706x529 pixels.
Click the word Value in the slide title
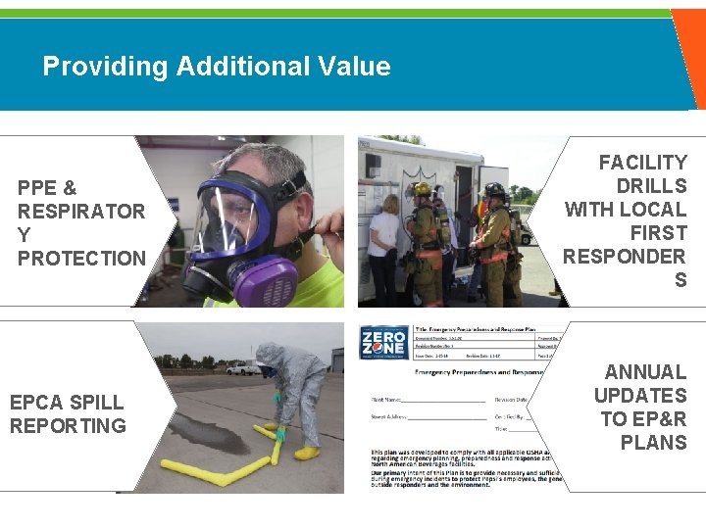click(353, 67)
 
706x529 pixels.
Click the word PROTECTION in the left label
click(81, 259)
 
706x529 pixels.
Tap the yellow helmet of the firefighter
click(423, 189)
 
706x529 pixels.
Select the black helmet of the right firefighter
click(495, 190)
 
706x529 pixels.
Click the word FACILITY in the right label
click(642, 163)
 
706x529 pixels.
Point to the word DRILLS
click(651, 186)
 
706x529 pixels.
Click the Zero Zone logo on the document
click(383, 344)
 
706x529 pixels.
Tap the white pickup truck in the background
click(243, 368)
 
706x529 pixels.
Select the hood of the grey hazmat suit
click(271, 355)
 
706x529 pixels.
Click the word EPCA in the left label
click(38, 402)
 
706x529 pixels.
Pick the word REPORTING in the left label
click(68, 425)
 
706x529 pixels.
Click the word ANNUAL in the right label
click(645, 372)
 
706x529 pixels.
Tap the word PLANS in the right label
click(653, 443)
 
